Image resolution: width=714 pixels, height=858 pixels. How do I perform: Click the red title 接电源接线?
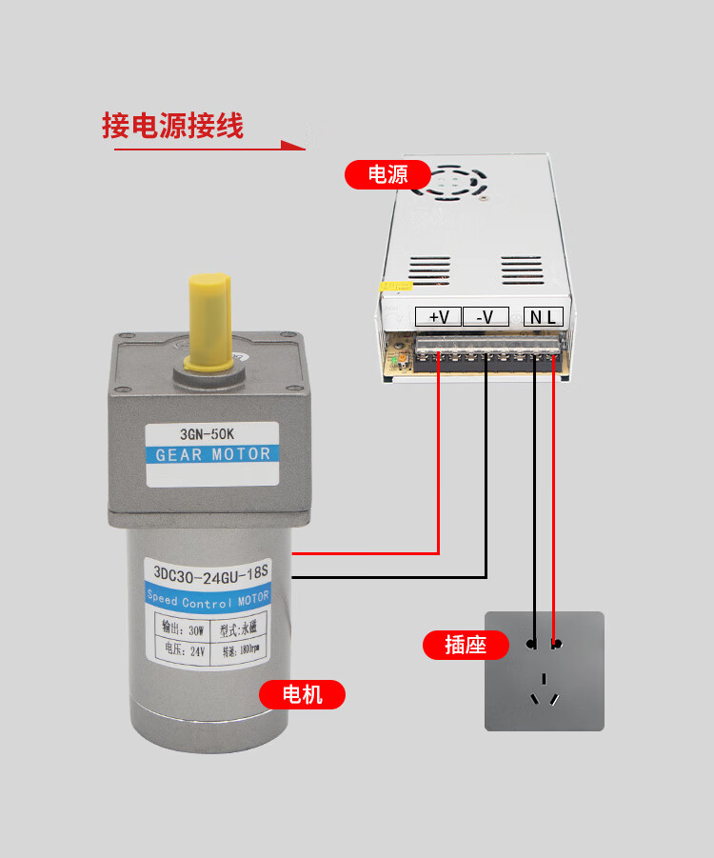172,126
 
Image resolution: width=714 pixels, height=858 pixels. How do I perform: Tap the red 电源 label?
387,174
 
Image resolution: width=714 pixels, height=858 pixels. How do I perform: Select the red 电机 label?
303,694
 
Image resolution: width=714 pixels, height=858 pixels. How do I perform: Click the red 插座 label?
466,645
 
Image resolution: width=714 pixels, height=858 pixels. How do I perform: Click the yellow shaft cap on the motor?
209,320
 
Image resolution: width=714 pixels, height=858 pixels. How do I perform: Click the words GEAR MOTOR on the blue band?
212,454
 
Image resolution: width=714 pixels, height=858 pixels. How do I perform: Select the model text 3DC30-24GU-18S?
207,573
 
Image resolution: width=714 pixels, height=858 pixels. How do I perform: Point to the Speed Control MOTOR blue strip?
208,599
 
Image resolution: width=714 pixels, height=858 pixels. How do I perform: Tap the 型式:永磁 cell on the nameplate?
242,629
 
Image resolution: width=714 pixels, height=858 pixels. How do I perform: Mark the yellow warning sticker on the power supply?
394,285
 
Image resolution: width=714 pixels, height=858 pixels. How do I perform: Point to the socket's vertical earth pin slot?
544,680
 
